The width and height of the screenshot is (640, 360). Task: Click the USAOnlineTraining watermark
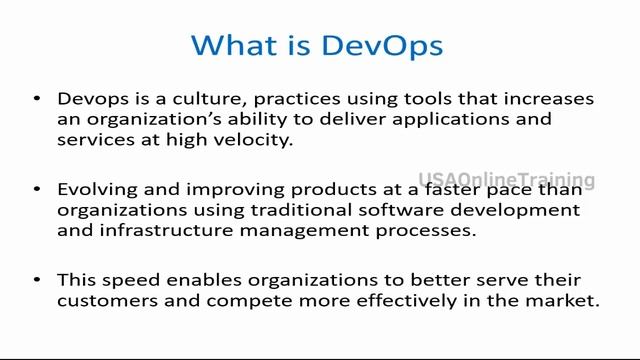[x=506, y=180]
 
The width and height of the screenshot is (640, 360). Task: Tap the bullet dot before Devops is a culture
[x=37, y=99]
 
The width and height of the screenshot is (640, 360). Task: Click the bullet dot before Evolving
[x=37, y=190]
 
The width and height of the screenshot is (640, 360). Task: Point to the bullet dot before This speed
[x=37, y=280]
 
